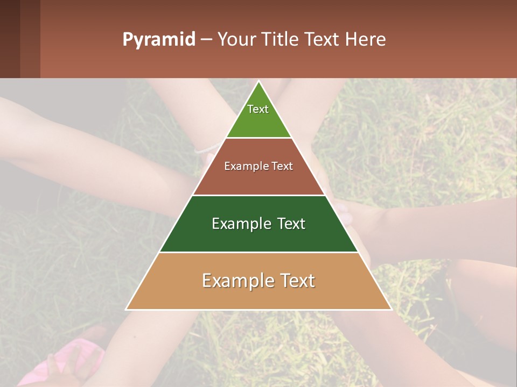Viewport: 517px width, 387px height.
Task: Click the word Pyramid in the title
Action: [x=158, y=40]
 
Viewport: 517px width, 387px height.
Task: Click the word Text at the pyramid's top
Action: [x=258, y=109]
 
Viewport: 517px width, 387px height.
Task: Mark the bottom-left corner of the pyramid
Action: [x=127, y=309]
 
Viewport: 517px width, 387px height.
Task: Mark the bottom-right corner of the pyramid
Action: [x=391, y=309]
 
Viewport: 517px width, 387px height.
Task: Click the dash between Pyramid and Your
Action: [x=206, y=40]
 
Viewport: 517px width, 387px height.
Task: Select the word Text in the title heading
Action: [x=321, y=40]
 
